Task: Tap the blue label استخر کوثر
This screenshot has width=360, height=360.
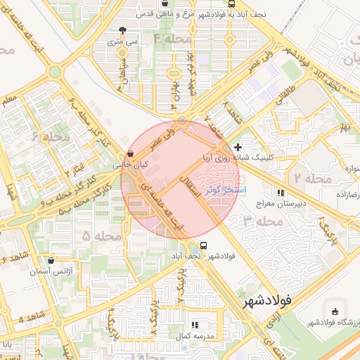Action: [224, 190]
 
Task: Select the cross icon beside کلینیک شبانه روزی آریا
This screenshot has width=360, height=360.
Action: [238, 147]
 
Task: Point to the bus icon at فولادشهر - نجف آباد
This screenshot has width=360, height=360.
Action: [203, 245]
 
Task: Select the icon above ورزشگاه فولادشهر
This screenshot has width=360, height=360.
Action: [334, 311]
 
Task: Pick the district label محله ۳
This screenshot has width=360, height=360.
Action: [257, 221]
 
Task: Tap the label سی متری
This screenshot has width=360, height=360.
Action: [122, 41]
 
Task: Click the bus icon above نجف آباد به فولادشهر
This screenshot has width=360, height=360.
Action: [271, 2]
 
